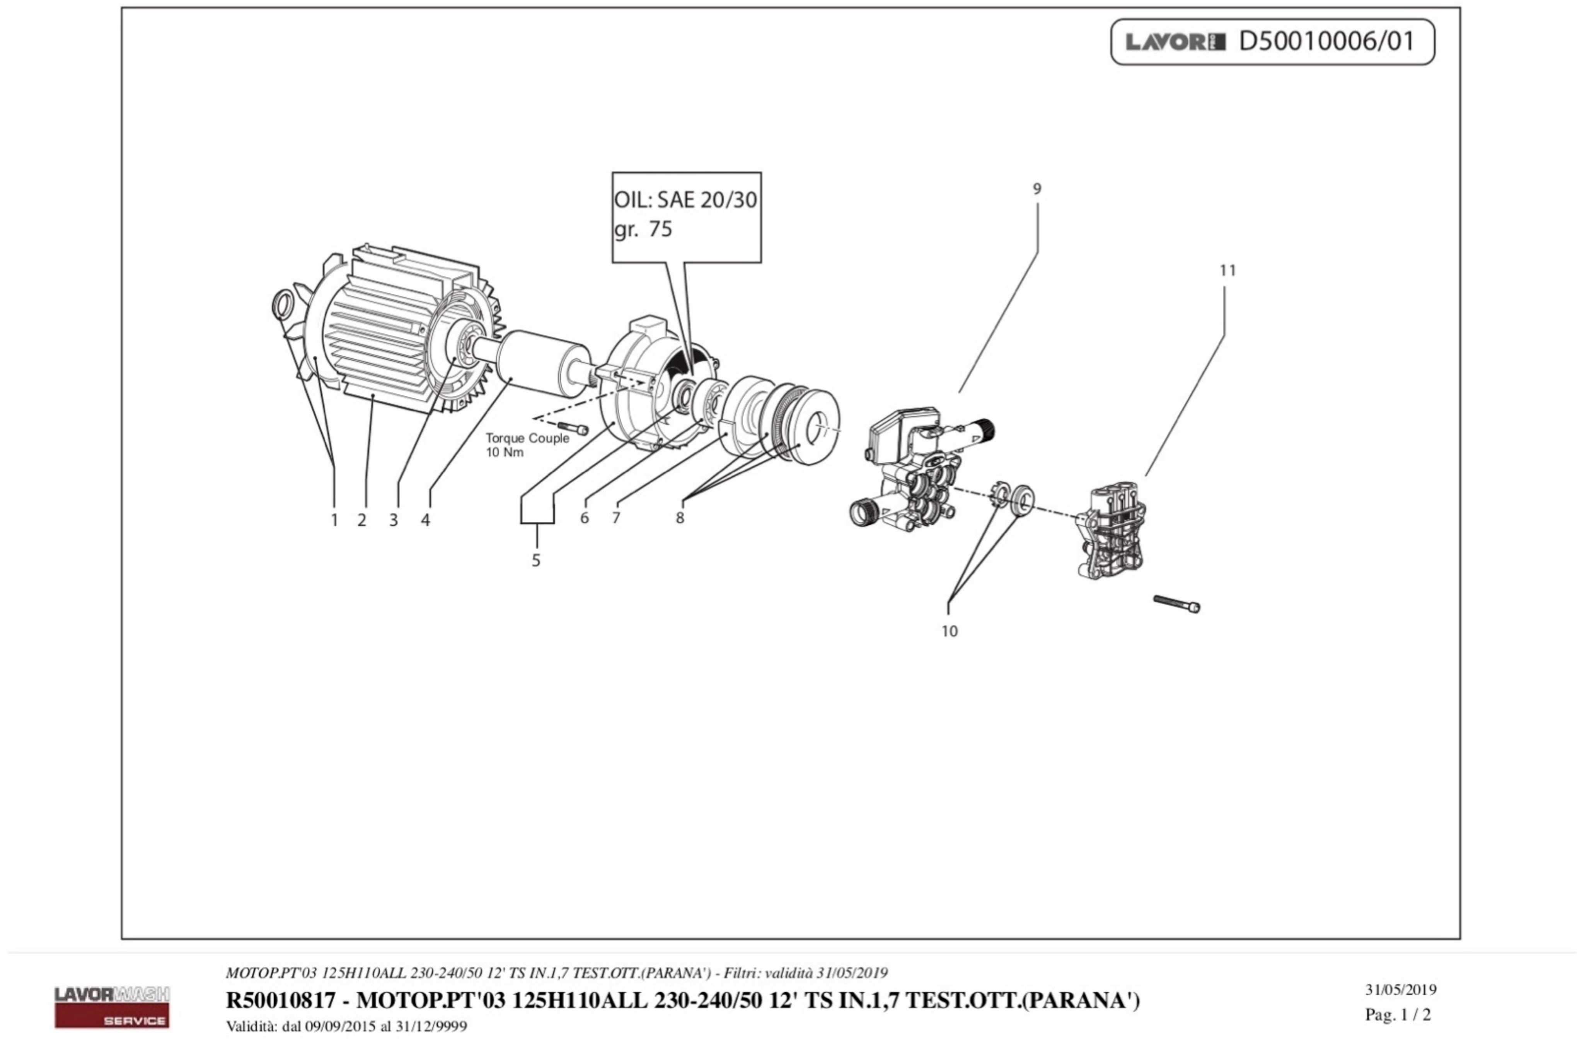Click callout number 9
(1036, 189)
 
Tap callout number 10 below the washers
(949, 631)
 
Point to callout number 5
(536, 561)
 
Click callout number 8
(679, 518)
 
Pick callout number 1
(334, 520)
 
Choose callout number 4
(425, 520)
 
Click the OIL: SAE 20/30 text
(685, 199)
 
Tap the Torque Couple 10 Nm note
(527, 445)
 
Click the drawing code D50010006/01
(1326, 41)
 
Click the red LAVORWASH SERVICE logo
(112, 1007)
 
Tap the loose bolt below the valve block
(1176, 603)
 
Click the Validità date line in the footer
(346, 1026)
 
